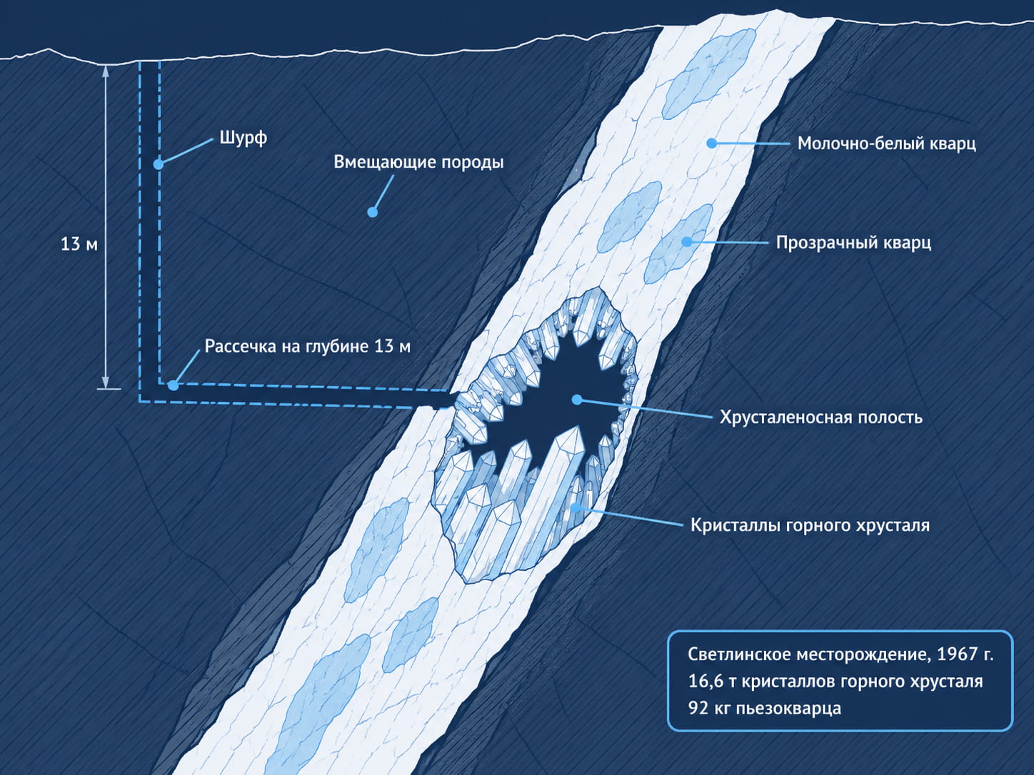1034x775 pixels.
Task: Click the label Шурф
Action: click(x=243, y=138)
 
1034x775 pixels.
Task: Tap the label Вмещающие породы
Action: click(x=418, y=162)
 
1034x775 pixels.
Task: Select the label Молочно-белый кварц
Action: click(x=887, y=143)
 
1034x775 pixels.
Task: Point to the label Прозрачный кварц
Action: click(x=853, y=243)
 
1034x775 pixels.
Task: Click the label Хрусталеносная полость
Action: click(x=820, y=417)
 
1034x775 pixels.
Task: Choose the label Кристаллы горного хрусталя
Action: click(x=810, y=525)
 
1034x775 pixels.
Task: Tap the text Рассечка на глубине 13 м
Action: click(x=307, y=346)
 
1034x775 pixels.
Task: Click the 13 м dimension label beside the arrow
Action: click(x=79, y=244)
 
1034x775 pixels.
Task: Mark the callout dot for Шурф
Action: click(x=159, y=163)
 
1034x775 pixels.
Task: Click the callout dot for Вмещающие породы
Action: click(x=373, y=212)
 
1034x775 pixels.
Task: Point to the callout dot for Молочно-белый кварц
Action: click(x=712, y=143)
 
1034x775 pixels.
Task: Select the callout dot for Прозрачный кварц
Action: click(x=687, y=242)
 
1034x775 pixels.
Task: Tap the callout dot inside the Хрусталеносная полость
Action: click(x=576, y=400)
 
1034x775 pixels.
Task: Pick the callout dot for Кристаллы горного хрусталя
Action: click(x=576, y=507)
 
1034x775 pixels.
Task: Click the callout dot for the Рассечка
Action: click(x=174, y=385)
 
